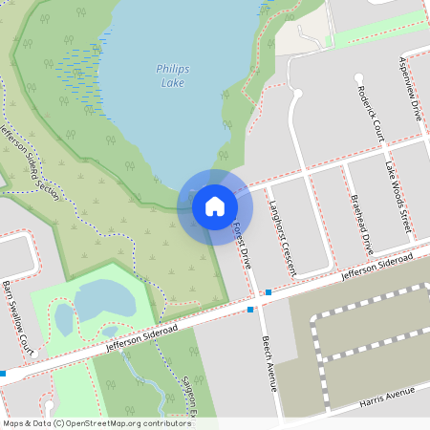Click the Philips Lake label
(x=173, y=75)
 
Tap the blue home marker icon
(x=215, y=205)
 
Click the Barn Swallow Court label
(x=18, y=318)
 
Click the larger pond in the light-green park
(x=103, y=302)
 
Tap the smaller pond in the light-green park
(x=64, y=318)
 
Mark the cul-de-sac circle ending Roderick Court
(x=359, y=77)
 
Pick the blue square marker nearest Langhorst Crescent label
(x=269, y=291)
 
